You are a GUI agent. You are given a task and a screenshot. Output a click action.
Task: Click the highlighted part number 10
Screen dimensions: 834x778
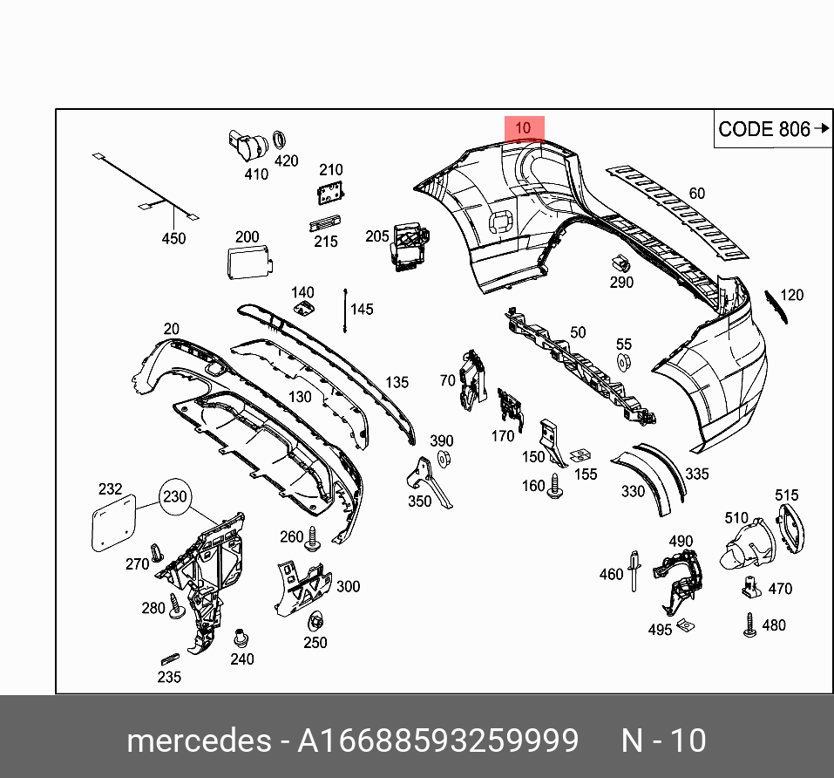pos(524,128)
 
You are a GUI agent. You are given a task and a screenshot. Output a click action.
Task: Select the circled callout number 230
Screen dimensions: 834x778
pos(174,496)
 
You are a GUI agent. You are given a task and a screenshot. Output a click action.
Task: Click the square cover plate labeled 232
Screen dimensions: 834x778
pos(114,522)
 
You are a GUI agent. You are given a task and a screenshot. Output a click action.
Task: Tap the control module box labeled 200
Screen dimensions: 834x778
pos(247,263)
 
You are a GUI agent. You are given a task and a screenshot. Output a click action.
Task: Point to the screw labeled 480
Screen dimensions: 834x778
pos(749,625)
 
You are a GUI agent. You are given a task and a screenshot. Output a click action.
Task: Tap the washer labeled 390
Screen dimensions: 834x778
pos(442,459)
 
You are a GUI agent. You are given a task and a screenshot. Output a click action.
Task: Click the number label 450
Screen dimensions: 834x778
pos(174,238)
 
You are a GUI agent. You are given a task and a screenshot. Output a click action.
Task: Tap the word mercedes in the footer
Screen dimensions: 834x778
pos(199,741)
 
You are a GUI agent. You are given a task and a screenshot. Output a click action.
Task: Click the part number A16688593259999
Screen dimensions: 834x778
pos(437,741)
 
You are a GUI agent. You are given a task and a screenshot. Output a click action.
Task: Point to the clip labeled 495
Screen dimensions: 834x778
pos(688,624)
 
